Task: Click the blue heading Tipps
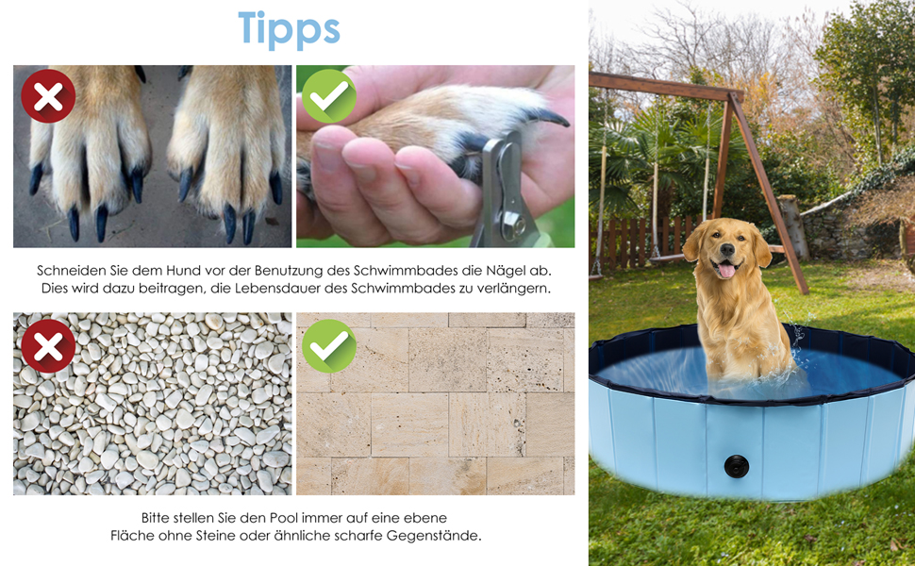click(x=289, y=29)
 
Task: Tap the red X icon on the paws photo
click(x=48, y=96)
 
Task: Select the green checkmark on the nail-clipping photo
click(x=329, y=96)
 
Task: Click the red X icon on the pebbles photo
click(x=48, y=346)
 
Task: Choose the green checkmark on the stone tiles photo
click(x=329, y=346)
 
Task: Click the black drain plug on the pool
click(x=737, y=466)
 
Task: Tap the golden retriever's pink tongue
click(x=726, y=270)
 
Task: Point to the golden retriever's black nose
click(x=727, y=249)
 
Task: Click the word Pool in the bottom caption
click(x=283, y=518)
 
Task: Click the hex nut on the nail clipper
click(x=513, y=225)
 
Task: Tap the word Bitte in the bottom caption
click(x=156, y=518)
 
